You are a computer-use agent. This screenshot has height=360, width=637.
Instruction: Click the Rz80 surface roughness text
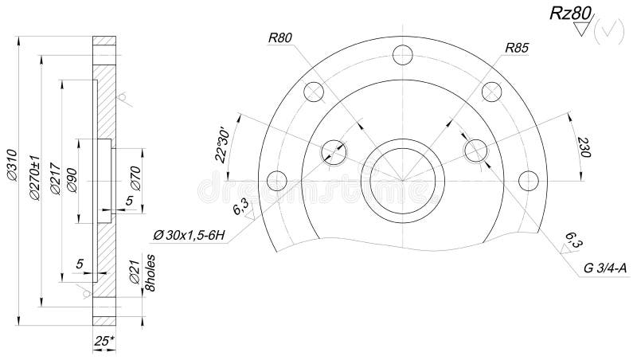567,14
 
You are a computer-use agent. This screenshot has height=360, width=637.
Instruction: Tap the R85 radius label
517,49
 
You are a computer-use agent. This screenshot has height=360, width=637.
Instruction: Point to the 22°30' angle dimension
225,143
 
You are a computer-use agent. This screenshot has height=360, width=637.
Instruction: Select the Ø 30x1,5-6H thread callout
189,234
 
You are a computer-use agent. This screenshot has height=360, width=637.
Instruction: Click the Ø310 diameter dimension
10,164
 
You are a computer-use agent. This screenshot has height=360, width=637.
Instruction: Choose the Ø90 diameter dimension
72,182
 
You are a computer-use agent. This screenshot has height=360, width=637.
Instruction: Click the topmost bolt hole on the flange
404,53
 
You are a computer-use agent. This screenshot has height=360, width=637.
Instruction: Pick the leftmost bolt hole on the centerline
276,181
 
